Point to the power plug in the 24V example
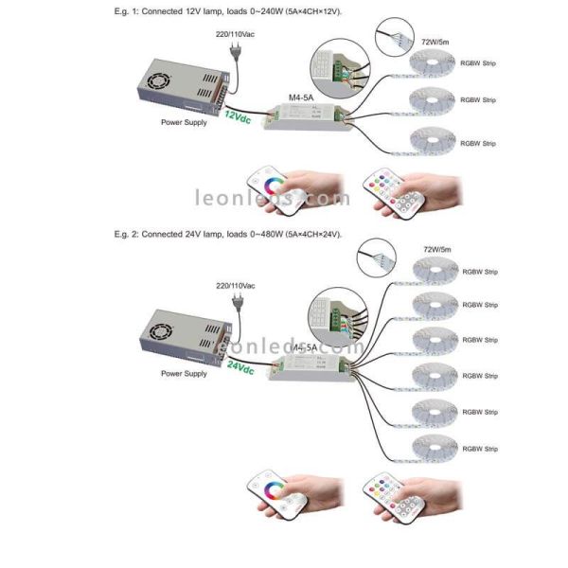[240, 306]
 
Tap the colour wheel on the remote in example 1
[269, 184]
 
